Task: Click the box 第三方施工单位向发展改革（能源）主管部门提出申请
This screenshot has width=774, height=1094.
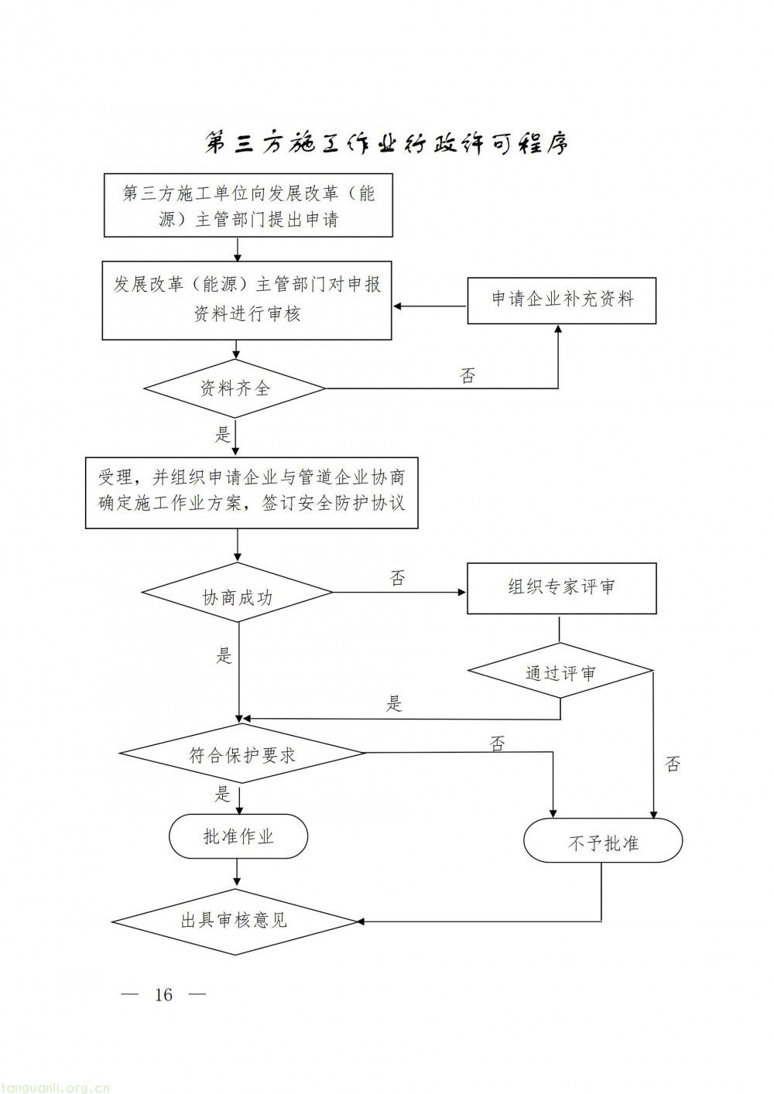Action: (x=248, y=205)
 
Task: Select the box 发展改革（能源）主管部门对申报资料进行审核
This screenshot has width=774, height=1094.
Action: (x=247, y=299)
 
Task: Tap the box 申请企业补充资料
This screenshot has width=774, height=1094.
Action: (x=562, y=299)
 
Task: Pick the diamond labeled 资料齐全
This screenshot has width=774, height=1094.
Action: (x=235, y=388)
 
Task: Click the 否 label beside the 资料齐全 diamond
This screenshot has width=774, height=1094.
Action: (x=467, y=376)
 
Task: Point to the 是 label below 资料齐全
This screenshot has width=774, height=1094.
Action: (x=223, y=434)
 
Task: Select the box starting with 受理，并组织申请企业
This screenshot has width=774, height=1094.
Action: (x=252, y=491)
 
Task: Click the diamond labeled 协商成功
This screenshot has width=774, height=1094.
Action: (x=237, y=594)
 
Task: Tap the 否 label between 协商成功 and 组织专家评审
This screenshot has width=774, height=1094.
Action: (x=397, y=578)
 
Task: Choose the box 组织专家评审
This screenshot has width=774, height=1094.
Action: (x=561, y=588)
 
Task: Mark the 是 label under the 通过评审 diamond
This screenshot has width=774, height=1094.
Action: (x=395, y=703)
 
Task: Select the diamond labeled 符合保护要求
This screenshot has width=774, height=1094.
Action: (x=242, y=754)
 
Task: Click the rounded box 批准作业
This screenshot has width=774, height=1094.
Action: (x=238, y=836)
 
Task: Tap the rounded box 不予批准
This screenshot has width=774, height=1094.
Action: (x=603, y=841)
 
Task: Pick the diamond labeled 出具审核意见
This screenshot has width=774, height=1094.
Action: (x=235, y=921)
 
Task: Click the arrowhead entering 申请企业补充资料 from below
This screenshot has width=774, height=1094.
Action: (x=558, y=329)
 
